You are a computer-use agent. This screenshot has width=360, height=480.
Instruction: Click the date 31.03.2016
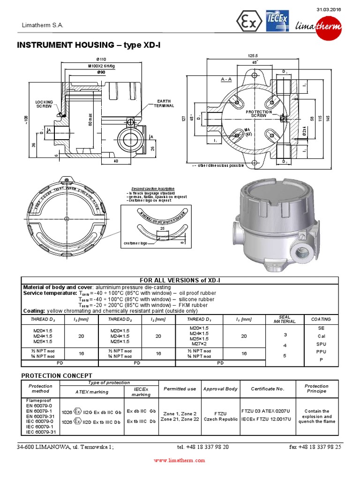(328, 10)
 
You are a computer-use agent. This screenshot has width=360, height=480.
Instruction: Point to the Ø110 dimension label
(101, 60)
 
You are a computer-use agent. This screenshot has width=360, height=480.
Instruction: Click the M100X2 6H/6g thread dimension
(101, 67)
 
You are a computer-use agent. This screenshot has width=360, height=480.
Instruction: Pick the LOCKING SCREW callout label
(45, 104)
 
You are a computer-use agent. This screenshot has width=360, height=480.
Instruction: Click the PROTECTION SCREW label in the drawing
(258, 113)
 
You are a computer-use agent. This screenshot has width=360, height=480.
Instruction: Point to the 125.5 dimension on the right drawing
(253, 56)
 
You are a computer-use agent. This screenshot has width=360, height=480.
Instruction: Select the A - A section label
(226, 79)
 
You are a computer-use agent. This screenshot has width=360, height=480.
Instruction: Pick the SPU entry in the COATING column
(321, 344)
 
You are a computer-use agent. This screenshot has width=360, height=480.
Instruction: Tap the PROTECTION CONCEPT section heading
(57, 375)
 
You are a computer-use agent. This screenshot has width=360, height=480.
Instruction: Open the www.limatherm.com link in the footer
(180, 461)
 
